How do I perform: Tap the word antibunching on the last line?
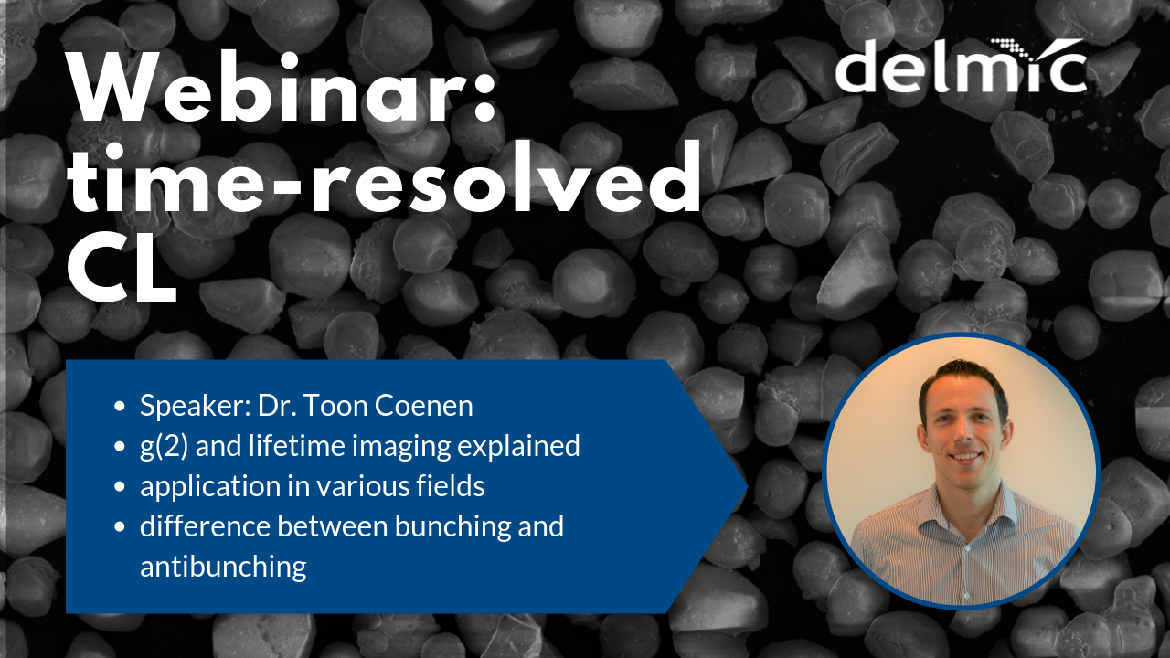click(223, 567)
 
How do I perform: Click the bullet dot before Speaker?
click(121, 408)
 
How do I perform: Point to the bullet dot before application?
click(121, 488)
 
